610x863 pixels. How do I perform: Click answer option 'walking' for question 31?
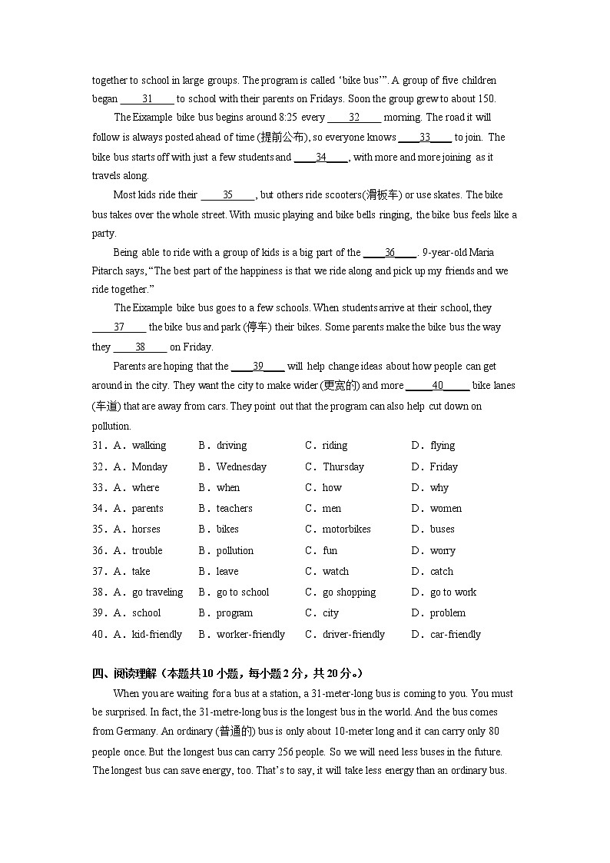[x=148, y=446]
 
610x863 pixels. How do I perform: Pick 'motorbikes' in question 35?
[x=346, y=529]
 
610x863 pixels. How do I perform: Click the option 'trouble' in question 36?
[x=147, y=550]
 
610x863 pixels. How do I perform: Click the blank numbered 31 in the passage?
[x=148, y=98]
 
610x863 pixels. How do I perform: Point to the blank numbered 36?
[x=390, y=252]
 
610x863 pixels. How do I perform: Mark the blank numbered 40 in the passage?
[x=437, y=386]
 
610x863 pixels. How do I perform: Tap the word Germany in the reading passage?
[x=136, y=732]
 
